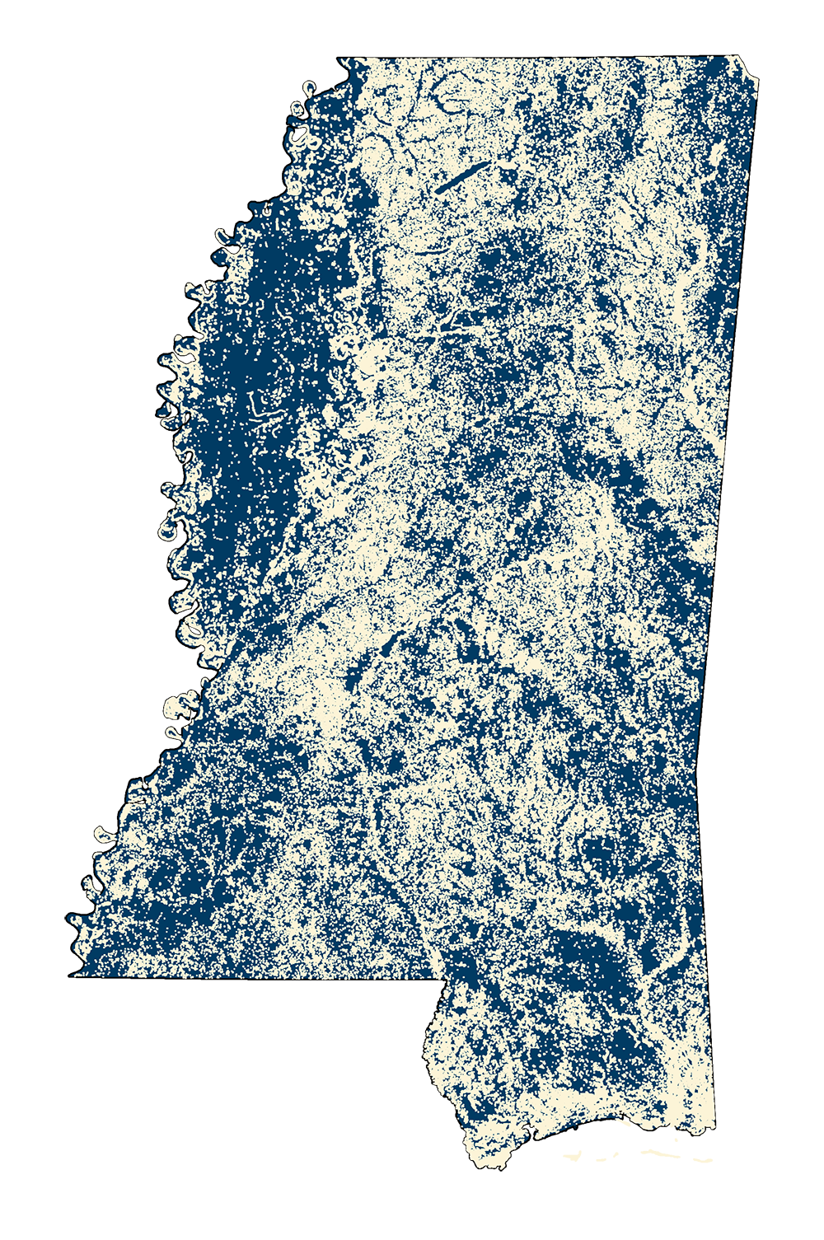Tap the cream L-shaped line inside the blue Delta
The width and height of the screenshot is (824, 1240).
pos(262,409)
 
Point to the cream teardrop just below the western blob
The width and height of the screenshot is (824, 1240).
pos(176,732)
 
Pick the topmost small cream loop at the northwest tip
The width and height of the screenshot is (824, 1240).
pos(310,85)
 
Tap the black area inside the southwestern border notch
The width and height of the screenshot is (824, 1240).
pos(247,1071)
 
